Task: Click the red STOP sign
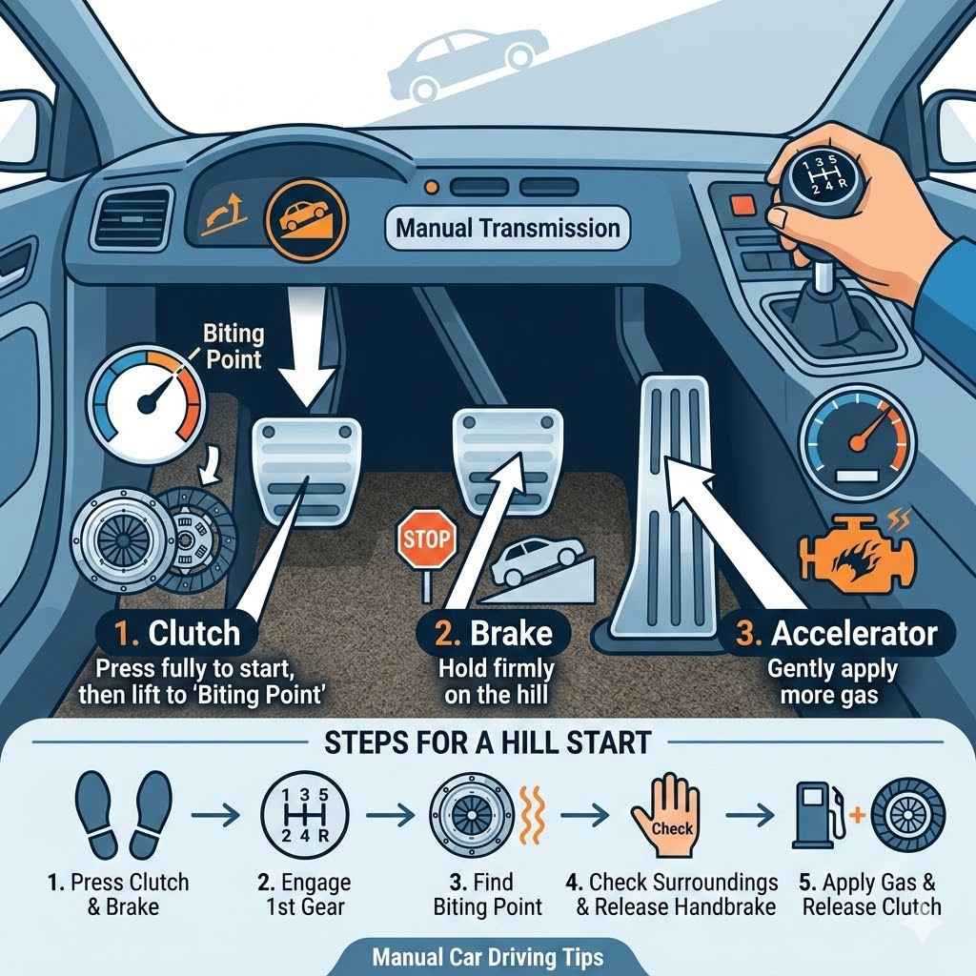point(425,539)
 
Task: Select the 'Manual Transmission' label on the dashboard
point(507,229)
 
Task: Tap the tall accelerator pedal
point(672,496)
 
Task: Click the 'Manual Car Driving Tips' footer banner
point(488,954)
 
